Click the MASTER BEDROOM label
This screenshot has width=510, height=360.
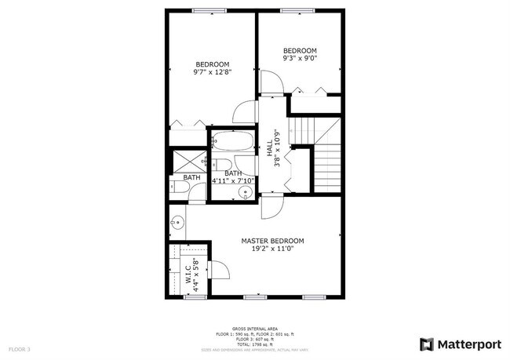272,241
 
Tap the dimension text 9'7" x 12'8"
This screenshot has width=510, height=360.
212,72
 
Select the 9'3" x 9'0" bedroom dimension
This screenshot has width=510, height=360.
300,57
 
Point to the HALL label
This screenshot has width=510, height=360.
269,146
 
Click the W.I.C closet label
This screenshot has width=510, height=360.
188,271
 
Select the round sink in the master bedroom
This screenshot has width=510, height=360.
178,222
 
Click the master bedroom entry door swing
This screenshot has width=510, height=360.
269,207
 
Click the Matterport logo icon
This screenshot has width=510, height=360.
427,344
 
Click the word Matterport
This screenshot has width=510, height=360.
468,344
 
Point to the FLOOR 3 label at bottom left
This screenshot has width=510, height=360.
20,348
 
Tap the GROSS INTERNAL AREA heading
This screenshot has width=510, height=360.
254,329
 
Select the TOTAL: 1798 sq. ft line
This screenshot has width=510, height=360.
255,344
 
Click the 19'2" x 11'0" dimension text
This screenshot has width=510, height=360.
272,249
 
